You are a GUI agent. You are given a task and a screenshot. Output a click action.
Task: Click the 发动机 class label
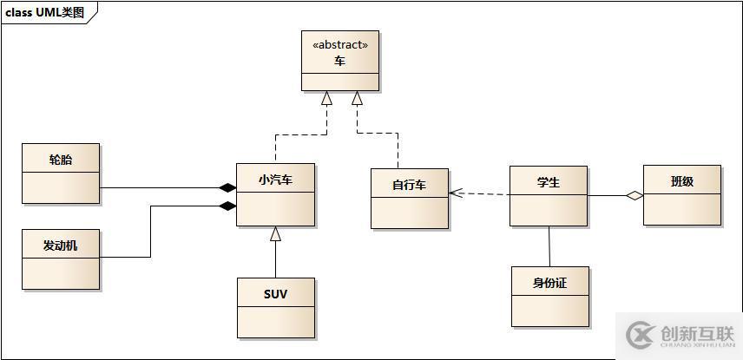pos(61,245)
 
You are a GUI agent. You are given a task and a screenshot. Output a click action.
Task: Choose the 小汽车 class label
pos(275,180)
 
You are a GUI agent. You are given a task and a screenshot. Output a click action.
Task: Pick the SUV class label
pos(275,294)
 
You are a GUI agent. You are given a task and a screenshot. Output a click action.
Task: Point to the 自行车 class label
pos(409,186)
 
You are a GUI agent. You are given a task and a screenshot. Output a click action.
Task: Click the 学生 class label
pos(548,182)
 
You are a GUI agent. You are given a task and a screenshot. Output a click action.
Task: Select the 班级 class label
pos(682,181)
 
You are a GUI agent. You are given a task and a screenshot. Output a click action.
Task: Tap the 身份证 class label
pos(549,283)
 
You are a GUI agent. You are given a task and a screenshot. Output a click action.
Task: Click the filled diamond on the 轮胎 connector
pos(227,187)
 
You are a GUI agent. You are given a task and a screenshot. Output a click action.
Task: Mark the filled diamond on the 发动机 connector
pos(227,206)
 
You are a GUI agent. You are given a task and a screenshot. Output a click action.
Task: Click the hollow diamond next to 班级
pos(635,196)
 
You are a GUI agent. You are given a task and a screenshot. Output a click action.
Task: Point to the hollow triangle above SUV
pos(275,232)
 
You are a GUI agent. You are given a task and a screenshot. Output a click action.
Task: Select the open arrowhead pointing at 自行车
pos(456,193)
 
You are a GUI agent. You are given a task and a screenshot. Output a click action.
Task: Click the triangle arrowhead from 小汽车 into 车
pos(326,98)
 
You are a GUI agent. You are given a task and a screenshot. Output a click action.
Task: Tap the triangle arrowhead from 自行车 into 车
pos(357,98)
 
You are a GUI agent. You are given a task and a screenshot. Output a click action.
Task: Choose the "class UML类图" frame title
pos(49,12)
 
